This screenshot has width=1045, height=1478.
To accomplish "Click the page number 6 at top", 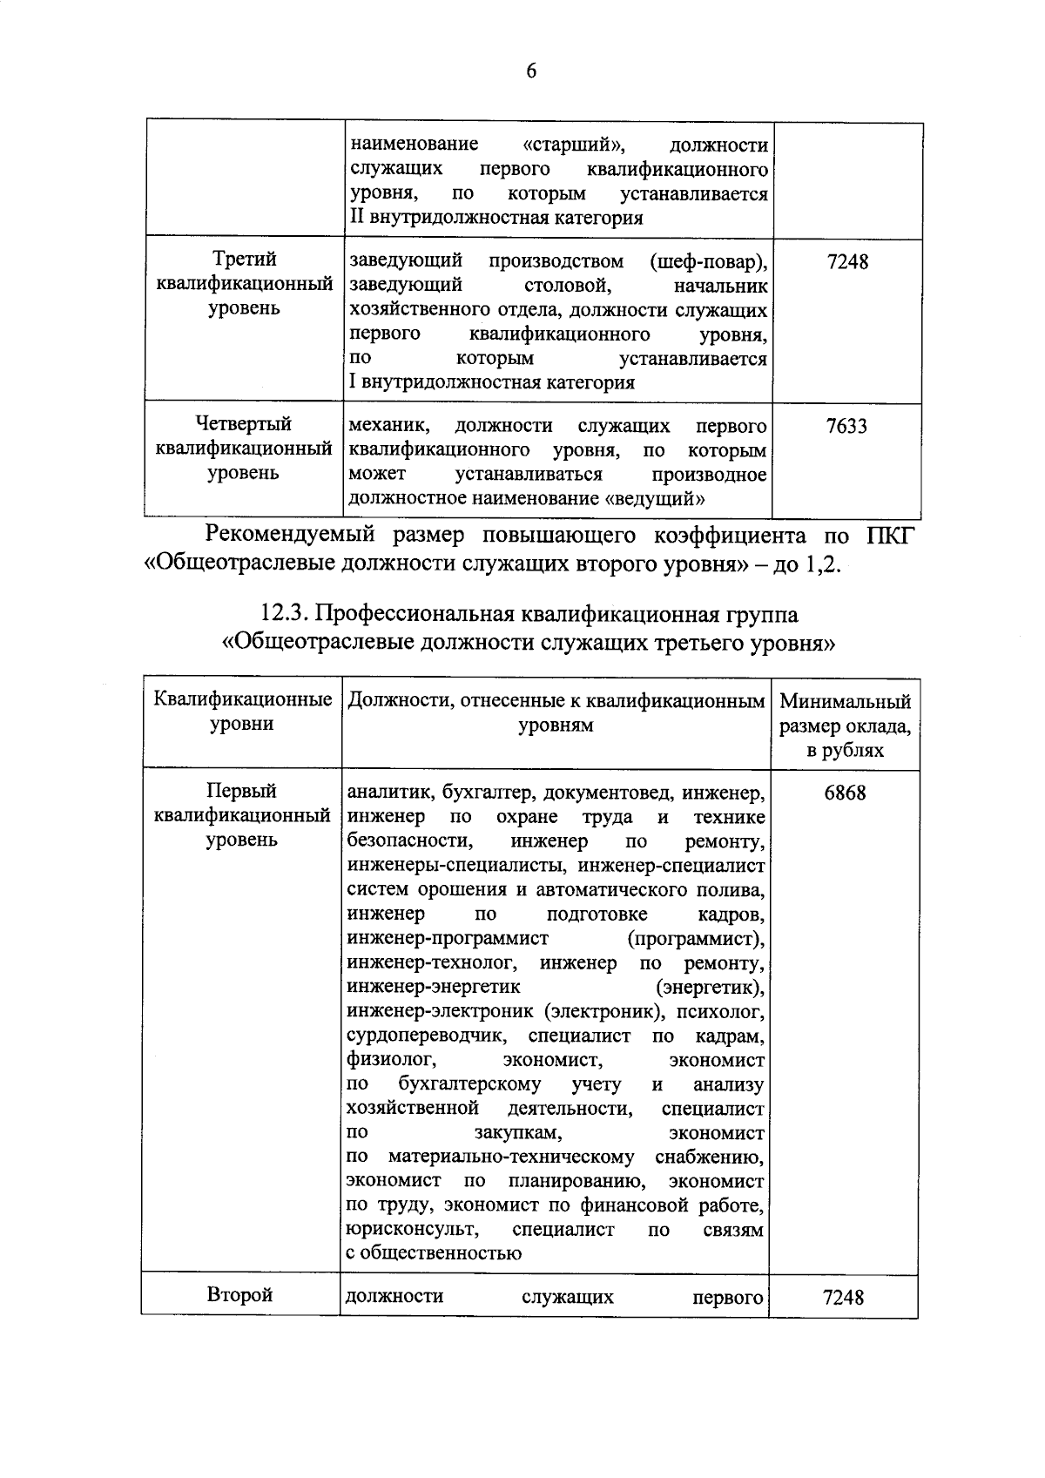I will click(531, 72).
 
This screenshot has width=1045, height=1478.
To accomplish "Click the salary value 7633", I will click(846, 427).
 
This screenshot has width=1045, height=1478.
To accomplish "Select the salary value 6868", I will click(844, 793).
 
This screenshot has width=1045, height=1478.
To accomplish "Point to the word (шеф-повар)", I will click(708, 261).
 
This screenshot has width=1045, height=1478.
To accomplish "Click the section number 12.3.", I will click(285, 615).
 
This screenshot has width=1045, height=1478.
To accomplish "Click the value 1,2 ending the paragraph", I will click(822, 564).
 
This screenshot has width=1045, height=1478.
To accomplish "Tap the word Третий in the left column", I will click(245, 260).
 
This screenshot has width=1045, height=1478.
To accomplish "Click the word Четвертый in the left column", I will click(244, 424).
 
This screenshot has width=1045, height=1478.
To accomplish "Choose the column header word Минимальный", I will click(845, 702).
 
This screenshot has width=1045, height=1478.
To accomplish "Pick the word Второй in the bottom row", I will click(239, 1295).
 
